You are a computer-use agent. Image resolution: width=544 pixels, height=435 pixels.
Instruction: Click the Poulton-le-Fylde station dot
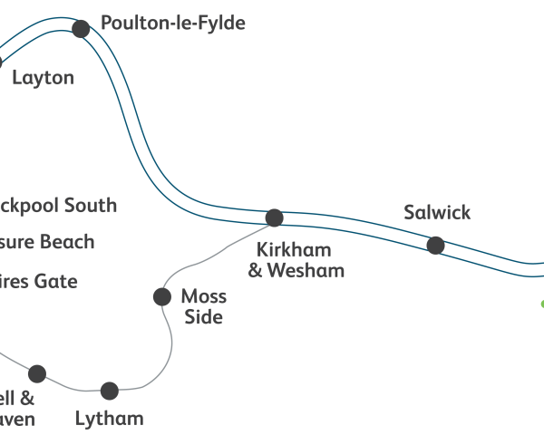pos(81,29)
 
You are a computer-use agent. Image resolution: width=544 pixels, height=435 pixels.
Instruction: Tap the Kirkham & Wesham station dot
pos(274,217)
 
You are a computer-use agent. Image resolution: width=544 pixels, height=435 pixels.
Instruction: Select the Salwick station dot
pos(435,245)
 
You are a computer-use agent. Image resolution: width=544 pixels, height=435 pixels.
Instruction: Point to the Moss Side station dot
pos(162,296)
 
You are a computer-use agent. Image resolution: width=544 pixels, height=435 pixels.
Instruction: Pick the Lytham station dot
pos(110,391)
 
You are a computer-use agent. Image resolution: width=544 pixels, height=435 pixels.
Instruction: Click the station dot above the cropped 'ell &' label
pos(37,373)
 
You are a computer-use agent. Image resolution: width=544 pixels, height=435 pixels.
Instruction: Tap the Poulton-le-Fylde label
pos(173,24)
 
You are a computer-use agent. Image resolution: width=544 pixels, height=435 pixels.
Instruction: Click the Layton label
pos(43,78)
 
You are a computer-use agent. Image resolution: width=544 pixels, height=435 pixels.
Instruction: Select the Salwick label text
pos(437,213)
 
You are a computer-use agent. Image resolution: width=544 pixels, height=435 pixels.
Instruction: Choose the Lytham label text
pos(110,419)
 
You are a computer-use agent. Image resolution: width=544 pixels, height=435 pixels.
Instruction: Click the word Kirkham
pos(294,250)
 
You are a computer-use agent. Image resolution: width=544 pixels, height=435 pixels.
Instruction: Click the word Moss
pos(204,296)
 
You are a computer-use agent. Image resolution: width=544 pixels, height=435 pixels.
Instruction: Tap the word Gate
pos(56,282)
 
